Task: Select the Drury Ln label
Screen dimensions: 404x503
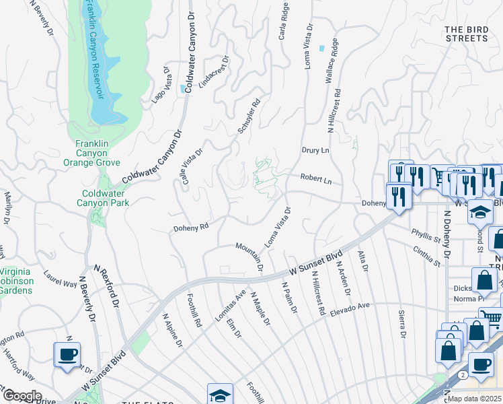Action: click(x=315, y=150)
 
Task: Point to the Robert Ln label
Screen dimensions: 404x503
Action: click(x=316, y=181)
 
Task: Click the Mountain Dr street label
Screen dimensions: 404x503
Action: click(x=249, y=258)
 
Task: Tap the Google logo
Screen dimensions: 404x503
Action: click(x=22, y=396)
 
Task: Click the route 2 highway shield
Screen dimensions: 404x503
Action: click(x=462, y=374)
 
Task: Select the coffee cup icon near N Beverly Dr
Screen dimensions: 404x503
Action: click(x=67, y=355)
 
